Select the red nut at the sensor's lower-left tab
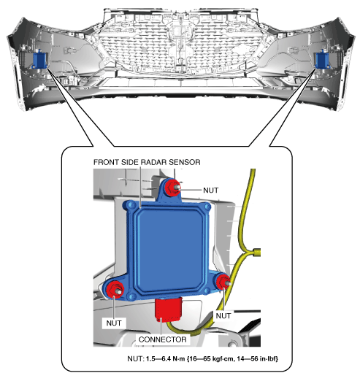click(115, 288)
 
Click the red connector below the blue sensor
click(169, 308)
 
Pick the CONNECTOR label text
click(163, 339)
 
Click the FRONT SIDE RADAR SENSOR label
click(147, 162)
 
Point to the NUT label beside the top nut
click(210, 190)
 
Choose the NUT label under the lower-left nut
click(114, 323)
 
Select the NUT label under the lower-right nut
click(223, 315)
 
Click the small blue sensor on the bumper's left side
click(39, 59)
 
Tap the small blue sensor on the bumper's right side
click(322, 60)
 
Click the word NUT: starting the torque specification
click(136, 358)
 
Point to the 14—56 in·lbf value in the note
click(258, 358)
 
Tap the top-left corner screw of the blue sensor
click(131, 206)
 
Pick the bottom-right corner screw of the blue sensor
click(207, 291)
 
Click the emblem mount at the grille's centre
click(180, 31)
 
